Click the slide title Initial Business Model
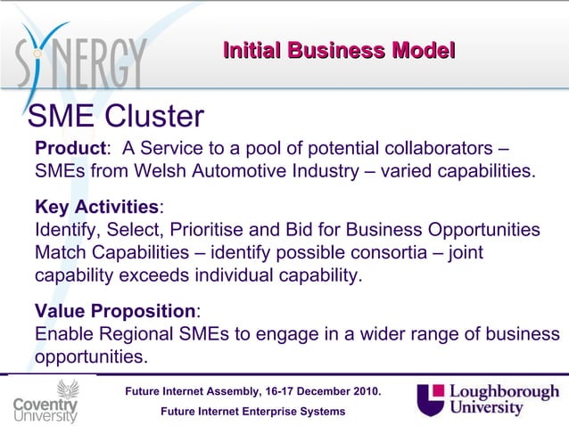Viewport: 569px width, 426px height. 339,51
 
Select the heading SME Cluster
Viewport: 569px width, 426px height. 117,116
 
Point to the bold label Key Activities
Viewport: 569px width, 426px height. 96,208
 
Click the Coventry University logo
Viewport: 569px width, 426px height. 45,401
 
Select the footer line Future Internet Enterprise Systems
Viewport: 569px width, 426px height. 252,411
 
